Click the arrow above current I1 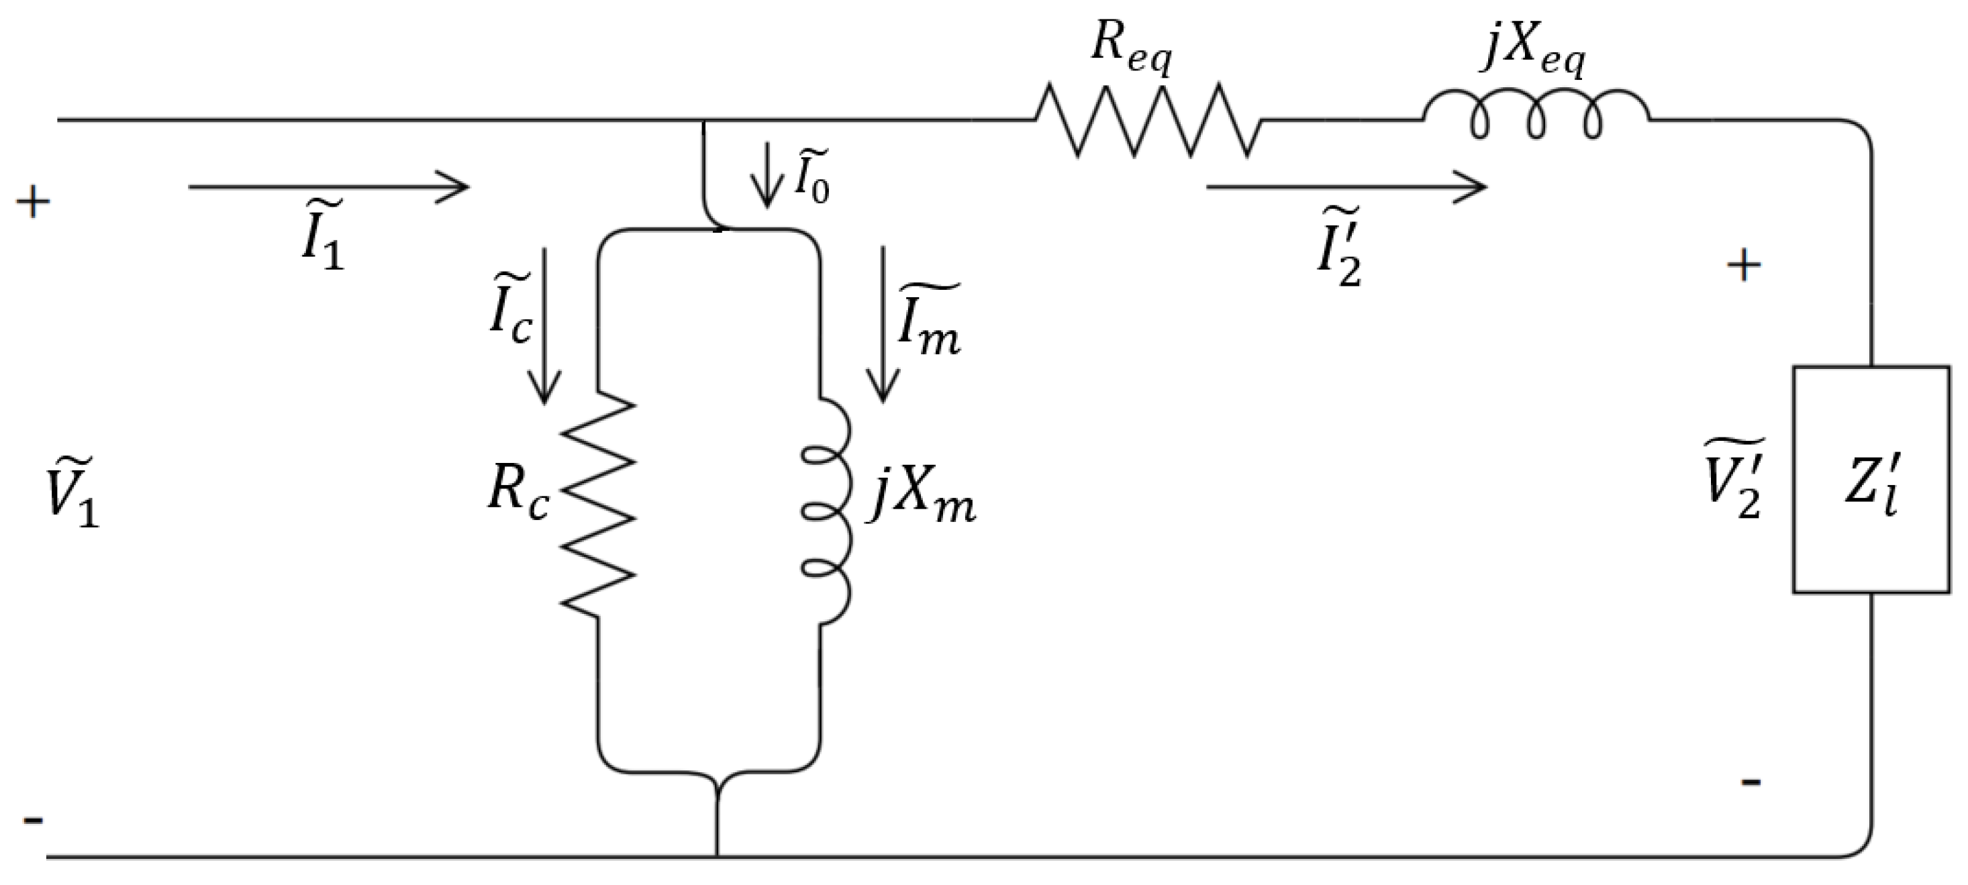click(328, 187)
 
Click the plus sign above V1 click(33, 203)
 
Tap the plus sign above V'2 click(1743, 266)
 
